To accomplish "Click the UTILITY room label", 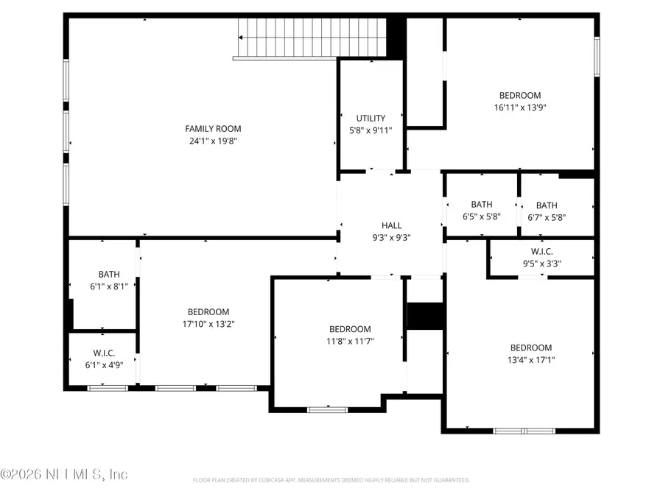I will [x=371, y=119].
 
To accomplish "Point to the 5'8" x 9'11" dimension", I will [x=371, y=130].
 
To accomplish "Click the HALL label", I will [x=391, y=226].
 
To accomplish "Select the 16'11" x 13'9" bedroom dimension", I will [x=520, y=107].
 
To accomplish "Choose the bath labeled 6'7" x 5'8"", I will [x=547, y=205].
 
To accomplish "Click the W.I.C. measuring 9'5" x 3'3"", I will [x=541, y=251].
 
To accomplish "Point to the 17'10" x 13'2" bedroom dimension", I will [x=208, y=323].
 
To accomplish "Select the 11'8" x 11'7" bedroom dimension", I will [x=350, y=341].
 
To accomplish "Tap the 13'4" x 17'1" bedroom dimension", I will [x=531, y=360].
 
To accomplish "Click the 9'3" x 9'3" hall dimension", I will [x=391, y=238].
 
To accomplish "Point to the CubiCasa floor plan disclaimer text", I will [x=331, y=480].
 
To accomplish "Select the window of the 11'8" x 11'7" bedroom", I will [x=327, y=409].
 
